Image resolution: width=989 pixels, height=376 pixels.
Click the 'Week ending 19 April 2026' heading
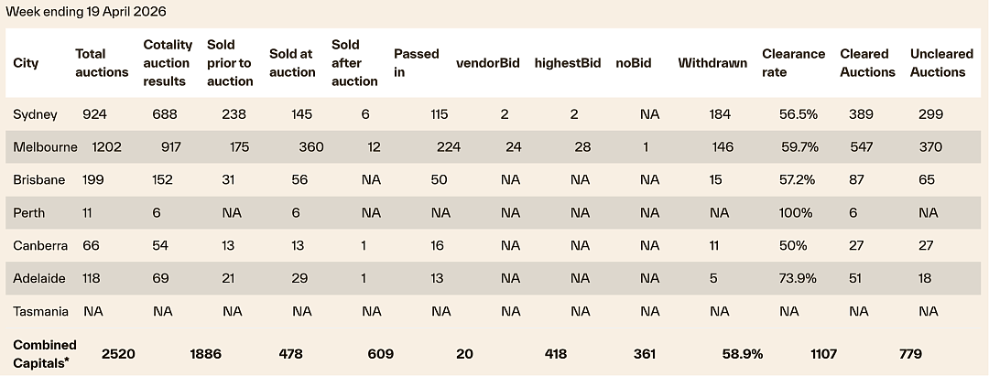(x=86, y=12)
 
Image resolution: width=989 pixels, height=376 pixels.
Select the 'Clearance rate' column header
(x=793, y=63)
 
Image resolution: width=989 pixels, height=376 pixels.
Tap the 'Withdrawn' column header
(x=712, y=63)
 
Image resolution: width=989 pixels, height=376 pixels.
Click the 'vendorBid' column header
(x=488, y=63)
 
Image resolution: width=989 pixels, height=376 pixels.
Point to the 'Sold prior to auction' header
(x=230, y=63)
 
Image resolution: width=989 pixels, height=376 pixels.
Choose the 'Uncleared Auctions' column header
(x=941, y=63)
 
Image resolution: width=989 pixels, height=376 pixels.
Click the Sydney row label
(x=36, y=114)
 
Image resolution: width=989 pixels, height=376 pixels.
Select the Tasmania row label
(x=41, y=311)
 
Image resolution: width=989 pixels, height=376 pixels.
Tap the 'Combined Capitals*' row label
(x=45, y=354)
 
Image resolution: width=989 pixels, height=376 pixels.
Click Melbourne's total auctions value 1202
(x=106, y=147)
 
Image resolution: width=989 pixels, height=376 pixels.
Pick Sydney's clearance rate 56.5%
(x=799, y=114)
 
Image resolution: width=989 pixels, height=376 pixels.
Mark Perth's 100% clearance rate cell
(x=796, y=213)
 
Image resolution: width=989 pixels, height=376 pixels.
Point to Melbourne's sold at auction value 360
(x=311, y=147)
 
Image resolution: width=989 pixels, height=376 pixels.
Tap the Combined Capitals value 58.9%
(x=743, y=354)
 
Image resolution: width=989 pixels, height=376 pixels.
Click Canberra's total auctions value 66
(x=91, y=245)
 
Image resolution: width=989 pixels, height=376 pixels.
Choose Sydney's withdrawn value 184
(x=720, y=114)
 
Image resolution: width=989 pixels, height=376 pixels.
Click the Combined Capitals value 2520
(x=118, y=354)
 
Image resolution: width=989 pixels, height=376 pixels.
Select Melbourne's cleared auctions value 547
(x=862, y=147)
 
